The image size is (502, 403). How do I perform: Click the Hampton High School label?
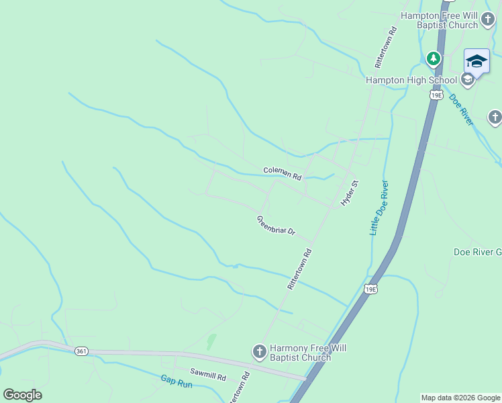click(x=411, y=81)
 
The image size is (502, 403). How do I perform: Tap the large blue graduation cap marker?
click(x=476, y=61)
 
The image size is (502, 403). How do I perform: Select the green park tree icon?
click(x=434, y=58)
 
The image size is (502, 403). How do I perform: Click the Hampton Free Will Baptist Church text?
click(x=439, y=20)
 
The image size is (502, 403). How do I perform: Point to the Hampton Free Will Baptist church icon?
click(x=490, y=26)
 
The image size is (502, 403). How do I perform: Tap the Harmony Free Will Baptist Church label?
click(x=300, y=353)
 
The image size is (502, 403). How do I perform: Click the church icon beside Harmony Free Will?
click(x=259, y=351)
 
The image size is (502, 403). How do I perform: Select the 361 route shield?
click(x=81, y=351)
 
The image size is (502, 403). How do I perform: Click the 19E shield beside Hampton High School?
click(x=436, y=95)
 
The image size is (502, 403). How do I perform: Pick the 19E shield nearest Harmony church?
click(x=370, y=289)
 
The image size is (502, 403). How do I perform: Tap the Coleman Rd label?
click(x=283, y=173)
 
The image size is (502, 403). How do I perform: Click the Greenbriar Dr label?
click(x=276, y=226)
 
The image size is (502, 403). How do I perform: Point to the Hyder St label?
click(x=347, y=193)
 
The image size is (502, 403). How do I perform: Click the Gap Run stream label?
click(x=177, y=382)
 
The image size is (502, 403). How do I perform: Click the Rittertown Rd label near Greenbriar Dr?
click(x=300, y=269)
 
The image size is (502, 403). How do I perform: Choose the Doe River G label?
click(x=477, y=252)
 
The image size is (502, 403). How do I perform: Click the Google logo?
click(x=22, y=395)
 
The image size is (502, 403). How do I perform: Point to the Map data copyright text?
click(x=460, y=398)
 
